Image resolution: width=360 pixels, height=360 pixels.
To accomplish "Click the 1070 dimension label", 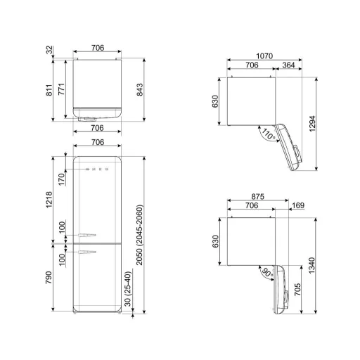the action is point(264,56).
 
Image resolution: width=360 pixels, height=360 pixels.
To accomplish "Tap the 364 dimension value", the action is point(288,65).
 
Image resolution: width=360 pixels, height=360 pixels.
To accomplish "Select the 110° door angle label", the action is point(268,134).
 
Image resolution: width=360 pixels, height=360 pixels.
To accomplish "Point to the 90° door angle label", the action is point(267,272).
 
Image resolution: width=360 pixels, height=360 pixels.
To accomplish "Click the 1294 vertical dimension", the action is point(312,124).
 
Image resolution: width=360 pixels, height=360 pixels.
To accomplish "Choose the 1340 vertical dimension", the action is point(311,265).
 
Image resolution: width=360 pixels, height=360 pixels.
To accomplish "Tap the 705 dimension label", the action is point(297,289).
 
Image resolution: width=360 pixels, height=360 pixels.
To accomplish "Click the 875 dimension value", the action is point(258,196).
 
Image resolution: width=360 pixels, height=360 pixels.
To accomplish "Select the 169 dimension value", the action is point(298,205).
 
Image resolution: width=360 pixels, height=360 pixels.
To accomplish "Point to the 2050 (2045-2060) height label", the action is point(139,235).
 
